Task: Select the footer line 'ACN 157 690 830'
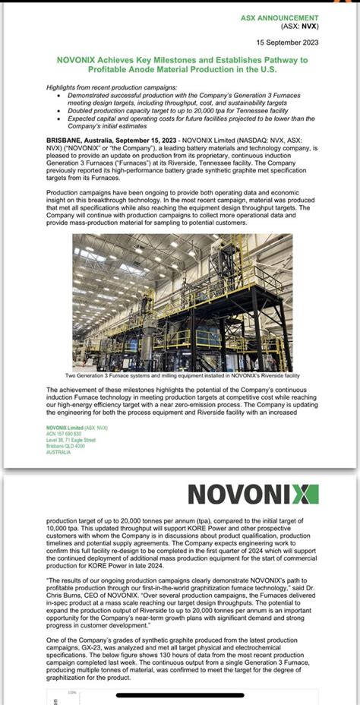pyautogui.click(x=65, y=435)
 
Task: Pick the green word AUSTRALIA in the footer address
pyautogui.click(x=58, y=452)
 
